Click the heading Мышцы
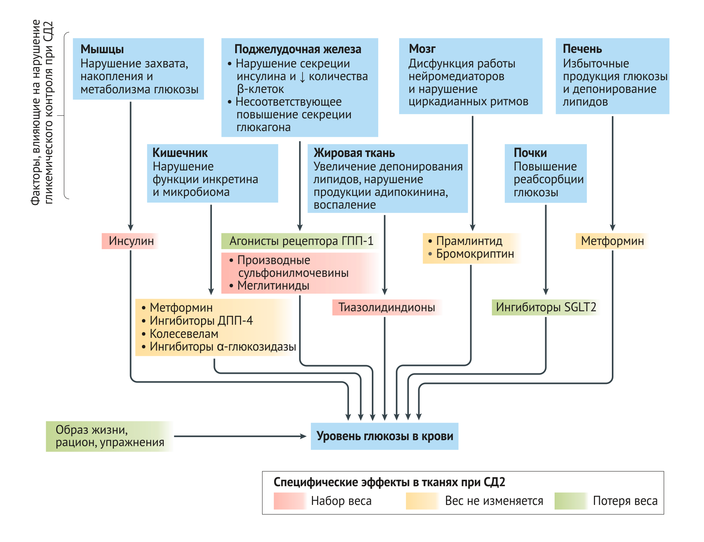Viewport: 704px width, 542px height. click(102, 49)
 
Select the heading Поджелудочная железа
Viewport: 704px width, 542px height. click(298, 49)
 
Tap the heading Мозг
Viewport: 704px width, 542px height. click(422, 49)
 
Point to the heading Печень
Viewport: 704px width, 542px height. click(582, 49)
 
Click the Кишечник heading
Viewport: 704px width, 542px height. click(180, 153)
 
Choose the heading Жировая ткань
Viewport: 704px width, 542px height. click(354, 153)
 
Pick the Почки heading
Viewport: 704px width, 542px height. click(530, 153)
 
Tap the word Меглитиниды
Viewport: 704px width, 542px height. click(273, 286)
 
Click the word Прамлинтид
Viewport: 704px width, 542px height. click(469, 241)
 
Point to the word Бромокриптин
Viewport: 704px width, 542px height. click(475, 254)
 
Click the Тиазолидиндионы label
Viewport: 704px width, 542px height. click(386, 308)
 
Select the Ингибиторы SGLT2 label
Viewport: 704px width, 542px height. click(546, 308)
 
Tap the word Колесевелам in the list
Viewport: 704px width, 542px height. click(184, 334)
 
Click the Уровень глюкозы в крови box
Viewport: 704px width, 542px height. click(385, 436)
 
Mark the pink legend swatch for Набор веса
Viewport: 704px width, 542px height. click(290, 501)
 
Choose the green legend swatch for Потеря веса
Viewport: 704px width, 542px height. click(571, 501)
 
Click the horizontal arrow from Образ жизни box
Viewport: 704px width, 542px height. click(240, 436)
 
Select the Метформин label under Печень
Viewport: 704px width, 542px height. click(612, 241)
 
